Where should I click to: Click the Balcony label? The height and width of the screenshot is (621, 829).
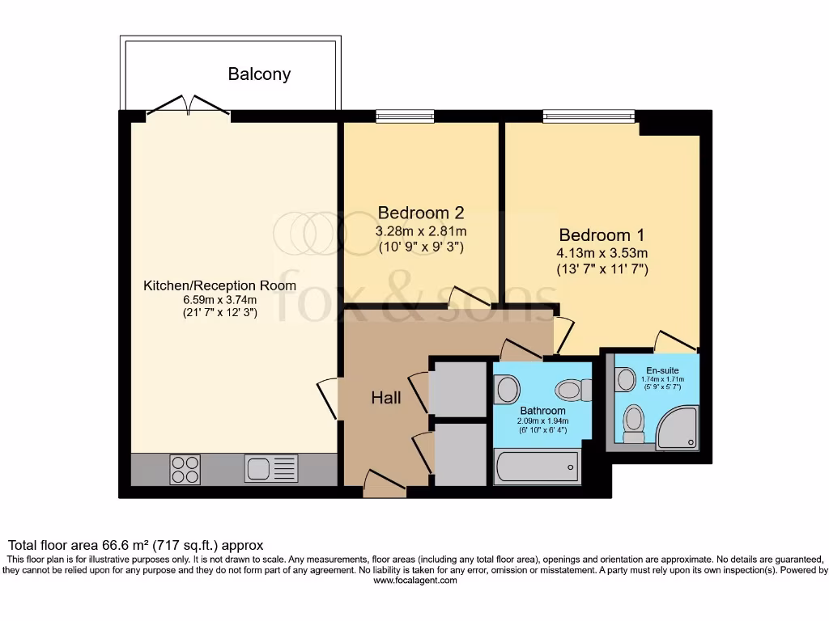point(259,74)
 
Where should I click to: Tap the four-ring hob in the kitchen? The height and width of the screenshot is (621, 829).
point(185,469)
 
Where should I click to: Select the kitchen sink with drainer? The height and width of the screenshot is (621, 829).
point(272,469)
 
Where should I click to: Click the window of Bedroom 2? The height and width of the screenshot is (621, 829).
point(405,116)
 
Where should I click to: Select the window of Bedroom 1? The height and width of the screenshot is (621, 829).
point(589,116)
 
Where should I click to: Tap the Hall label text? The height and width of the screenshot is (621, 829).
point(386,398)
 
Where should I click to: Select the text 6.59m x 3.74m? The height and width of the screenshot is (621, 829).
point(219,300)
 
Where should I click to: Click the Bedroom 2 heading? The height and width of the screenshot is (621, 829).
point(420,213)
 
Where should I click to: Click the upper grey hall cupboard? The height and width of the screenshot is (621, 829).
point(457,389)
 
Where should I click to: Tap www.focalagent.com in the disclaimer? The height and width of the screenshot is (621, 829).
point(414,580)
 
